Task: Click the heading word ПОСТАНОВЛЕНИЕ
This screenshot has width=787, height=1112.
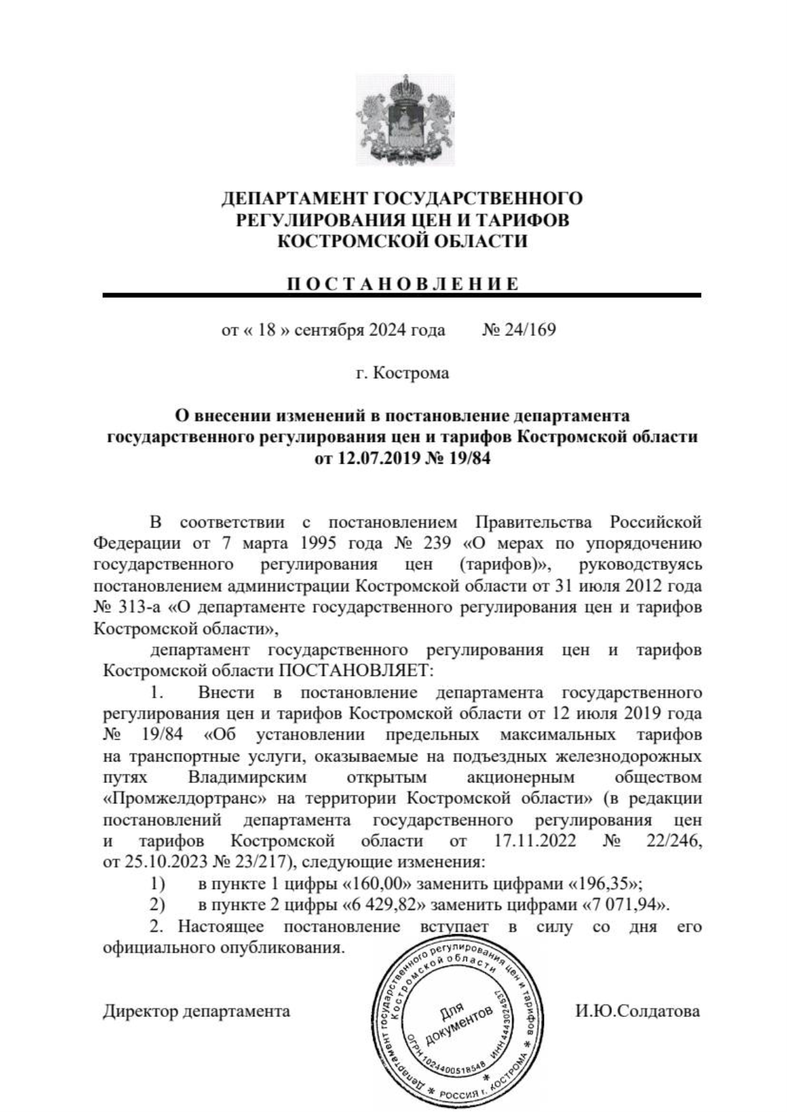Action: click(x=403, y=284)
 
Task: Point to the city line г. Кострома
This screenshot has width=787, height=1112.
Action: click(x=402, y=373)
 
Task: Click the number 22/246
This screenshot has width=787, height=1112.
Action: click(x=673, y=841)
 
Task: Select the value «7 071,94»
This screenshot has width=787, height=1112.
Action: click(x=624, y=905)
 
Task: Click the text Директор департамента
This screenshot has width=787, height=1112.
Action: click(x=196, y=1010)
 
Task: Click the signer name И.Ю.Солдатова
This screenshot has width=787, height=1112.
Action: click(x=637, y=1010)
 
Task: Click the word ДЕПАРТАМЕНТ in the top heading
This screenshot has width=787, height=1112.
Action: click(x=294, y=199)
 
